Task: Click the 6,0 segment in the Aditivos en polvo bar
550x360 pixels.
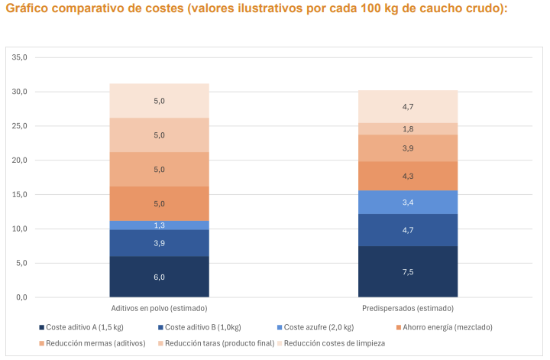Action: [159, 277]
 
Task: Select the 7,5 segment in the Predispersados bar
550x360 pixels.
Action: [408, 271]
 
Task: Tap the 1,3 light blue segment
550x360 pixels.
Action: [159, 225]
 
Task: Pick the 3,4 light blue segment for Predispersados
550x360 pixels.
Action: [408, 203]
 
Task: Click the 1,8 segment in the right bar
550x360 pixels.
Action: [408, 129]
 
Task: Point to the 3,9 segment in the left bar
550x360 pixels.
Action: [159, 243]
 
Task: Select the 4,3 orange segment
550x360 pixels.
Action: [408, 176]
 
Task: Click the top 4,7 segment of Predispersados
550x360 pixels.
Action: [408, 107]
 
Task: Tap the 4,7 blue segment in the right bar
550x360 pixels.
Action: [408, 230]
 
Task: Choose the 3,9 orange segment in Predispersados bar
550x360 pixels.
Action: [408, 148]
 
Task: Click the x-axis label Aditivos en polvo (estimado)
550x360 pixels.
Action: [159, 307]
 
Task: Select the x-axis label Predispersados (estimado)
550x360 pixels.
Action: [408, 307]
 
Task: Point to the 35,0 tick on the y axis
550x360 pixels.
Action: [20, 57]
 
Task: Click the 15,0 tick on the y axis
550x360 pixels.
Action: [20, 194]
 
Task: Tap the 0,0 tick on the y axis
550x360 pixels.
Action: [21, 297]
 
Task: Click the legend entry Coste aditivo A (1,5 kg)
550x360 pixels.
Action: [83, 327]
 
